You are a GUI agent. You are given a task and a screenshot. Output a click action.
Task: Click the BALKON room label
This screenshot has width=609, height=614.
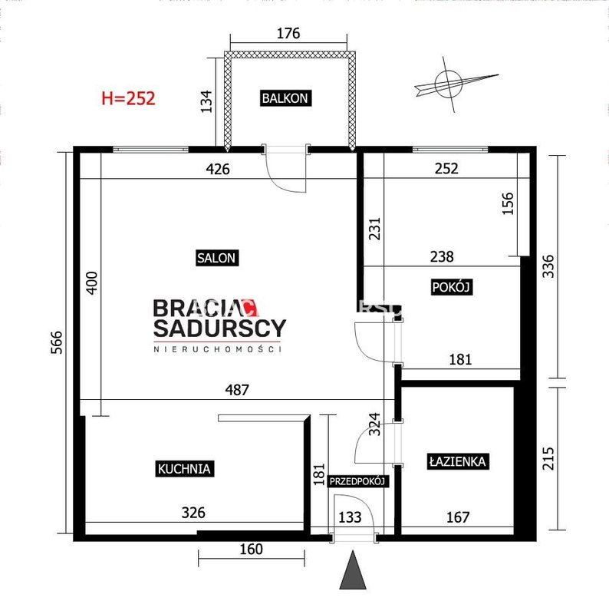285,98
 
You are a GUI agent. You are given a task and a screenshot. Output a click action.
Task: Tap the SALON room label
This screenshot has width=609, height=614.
217,258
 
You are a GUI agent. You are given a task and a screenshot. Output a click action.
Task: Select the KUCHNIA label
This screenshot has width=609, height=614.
184,468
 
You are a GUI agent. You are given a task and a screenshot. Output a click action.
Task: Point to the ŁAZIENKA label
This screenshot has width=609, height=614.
458,461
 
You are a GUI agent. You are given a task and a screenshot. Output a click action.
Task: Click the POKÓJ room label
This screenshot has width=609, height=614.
451,287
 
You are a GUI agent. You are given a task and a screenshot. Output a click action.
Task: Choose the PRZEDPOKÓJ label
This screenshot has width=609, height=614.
357,481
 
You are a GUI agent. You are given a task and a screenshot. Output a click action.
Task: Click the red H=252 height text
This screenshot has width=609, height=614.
128,98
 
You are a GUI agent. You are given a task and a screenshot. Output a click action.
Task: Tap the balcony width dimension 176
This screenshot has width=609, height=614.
288,33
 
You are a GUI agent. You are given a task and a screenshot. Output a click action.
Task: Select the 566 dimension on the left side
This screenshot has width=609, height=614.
57,342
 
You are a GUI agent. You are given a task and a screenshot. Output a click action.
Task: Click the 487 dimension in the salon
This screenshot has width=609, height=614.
237,390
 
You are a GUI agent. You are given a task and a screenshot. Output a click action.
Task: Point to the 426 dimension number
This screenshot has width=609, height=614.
218,169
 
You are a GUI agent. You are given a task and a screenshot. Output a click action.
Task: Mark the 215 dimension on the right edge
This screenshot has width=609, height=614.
548,458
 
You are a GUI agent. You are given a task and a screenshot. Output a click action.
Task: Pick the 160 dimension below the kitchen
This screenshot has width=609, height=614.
251,549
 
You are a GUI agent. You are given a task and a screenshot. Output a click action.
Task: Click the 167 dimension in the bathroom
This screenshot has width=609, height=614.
458,517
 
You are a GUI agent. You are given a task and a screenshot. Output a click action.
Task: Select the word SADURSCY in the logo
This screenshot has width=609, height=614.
219,328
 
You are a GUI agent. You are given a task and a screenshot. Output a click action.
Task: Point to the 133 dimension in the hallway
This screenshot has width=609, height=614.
350,517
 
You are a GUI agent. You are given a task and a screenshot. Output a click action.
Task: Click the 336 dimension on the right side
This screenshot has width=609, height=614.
548,266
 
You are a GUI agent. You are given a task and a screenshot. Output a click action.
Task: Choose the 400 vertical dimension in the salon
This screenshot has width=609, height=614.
91,283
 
